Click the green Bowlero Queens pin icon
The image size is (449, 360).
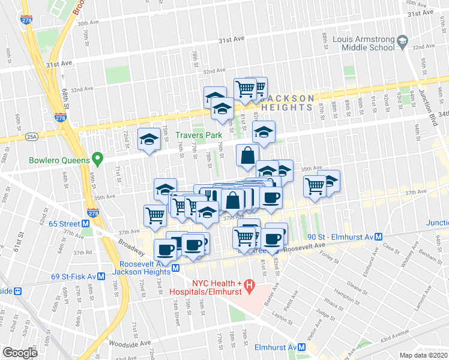(96, 160)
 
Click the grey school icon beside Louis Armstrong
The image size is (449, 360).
(403, 42)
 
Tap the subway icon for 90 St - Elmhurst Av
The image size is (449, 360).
(379, 237)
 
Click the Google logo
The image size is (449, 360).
(20, 353)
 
